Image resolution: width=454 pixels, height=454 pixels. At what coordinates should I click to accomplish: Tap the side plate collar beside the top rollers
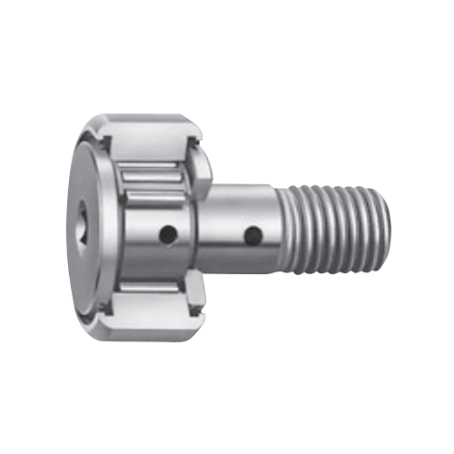click(x=202, y=167)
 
